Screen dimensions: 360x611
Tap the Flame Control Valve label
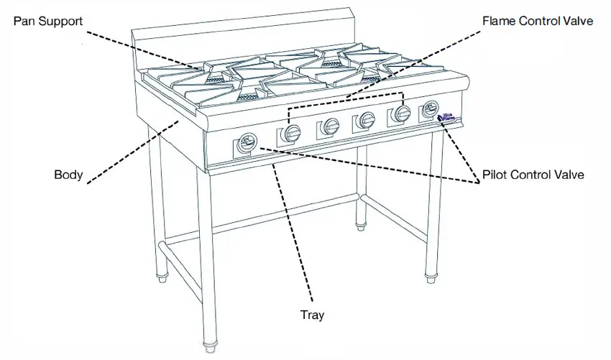(x=538, y=21)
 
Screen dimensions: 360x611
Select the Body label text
(x=69, y=175)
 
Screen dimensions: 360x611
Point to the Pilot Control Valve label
(x=533, y=175)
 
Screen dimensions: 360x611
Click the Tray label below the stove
(x=313, y=315)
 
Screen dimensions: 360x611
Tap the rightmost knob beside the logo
(x=431, y=110)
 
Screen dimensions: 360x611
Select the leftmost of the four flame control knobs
(x=293, y=132)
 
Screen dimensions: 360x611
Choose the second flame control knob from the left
(x=331, y=126)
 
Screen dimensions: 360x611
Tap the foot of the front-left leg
(x=211, y=348)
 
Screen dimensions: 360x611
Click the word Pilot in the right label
(x=497, y=175)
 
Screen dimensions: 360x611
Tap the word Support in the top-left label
(x=63, y=22)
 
